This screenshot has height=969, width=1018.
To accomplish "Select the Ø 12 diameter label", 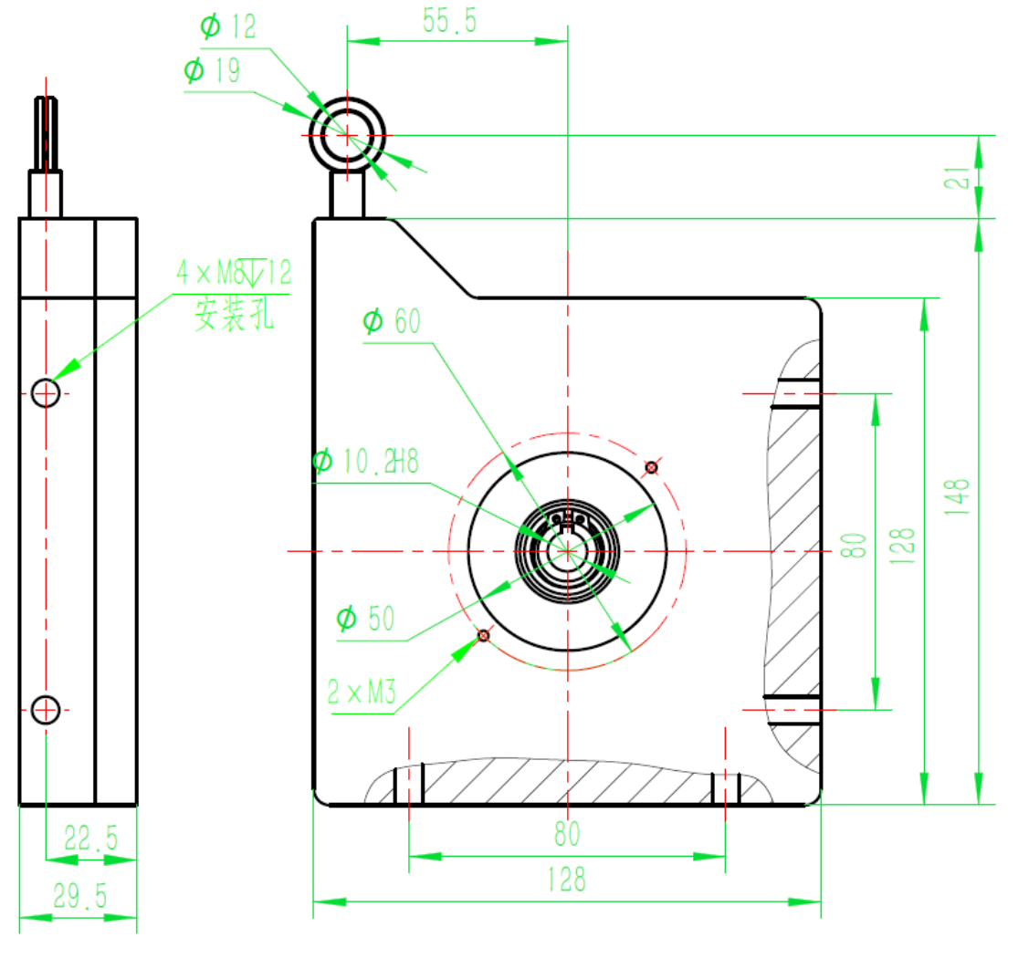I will (x=228, y=26).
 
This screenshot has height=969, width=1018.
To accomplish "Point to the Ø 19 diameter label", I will (x=213, y=70).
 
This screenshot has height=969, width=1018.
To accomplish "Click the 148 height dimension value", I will (x=957, y=497).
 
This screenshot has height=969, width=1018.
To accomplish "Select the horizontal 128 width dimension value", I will (x=566, y=879).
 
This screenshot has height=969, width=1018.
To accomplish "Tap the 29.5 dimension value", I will (x=79, y=897).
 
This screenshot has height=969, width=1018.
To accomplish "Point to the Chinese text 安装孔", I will (x=234, y=317).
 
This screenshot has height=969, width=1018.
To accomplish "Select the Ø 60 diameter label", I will (x=392, y=321).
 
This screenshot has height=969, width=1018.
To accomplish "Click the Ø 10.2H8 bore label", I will (x=365, y=462).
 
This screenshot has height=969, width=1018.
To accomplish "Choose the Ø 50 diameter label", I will (x=365, y=620).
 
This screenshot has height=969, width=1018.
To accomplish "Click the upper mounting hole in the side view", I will (x=46, y=393).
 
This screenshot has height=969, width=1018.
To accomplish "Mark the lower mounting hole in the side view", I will (x=46, y=708).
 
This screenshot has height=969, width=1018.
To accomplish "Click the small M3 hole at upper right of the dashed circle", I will (x=651, y=467).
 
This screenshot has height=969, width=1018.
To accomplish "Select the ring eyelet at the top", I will (x=347, y=135).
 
